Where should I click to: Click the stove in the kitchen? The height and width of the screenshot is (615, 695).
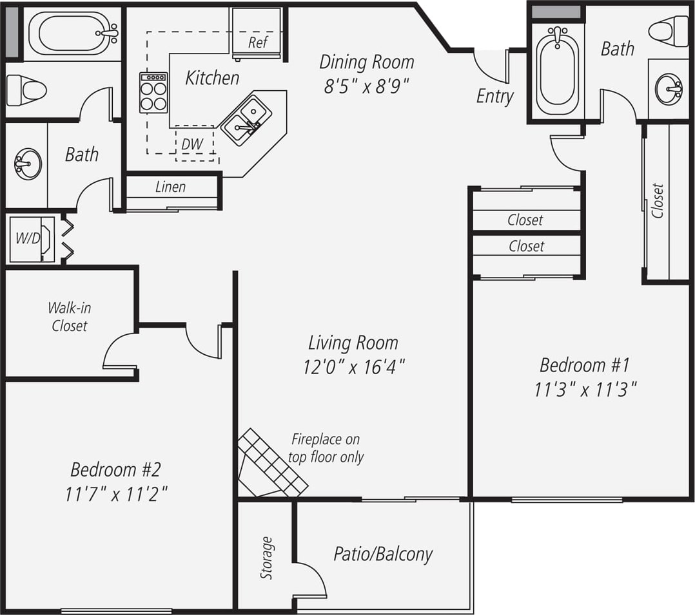153,93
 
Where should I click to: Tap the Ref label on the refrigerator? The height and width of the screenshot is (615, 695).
258,43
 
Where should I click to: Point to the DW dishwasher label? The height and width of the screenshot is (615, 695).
191,144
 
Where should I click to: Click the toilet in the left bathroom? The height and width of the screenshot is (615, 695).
26,90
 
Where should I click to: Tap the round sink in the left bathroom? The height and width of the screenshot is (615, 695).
28,164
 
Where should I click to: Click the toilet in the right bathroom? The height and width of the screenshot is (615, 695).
669,31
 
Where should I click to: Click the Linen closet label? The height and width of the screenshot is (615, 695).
171,187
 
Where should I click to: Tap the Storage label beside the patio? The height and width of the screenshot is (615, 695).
266,558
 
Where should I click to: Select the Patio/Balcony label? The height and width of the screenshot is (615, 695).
383,554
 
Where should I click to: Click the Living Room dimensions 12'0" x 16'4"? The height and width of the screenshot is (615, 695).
353,367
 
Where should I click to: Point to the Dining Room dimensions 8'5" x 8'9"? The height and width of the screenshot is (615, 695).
367,86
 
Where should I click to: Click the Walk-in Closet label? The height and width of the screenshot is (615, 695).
70,316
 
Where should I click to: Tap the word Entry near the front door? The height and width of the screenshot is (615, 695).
494,97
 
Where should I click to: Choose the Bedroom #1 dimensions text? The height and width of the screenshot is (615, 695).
585,389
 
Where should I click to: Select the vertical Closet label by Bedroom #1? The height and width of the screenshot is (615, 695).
658,201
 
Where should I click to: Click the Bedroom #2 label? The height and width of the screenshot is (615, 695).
112,468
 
